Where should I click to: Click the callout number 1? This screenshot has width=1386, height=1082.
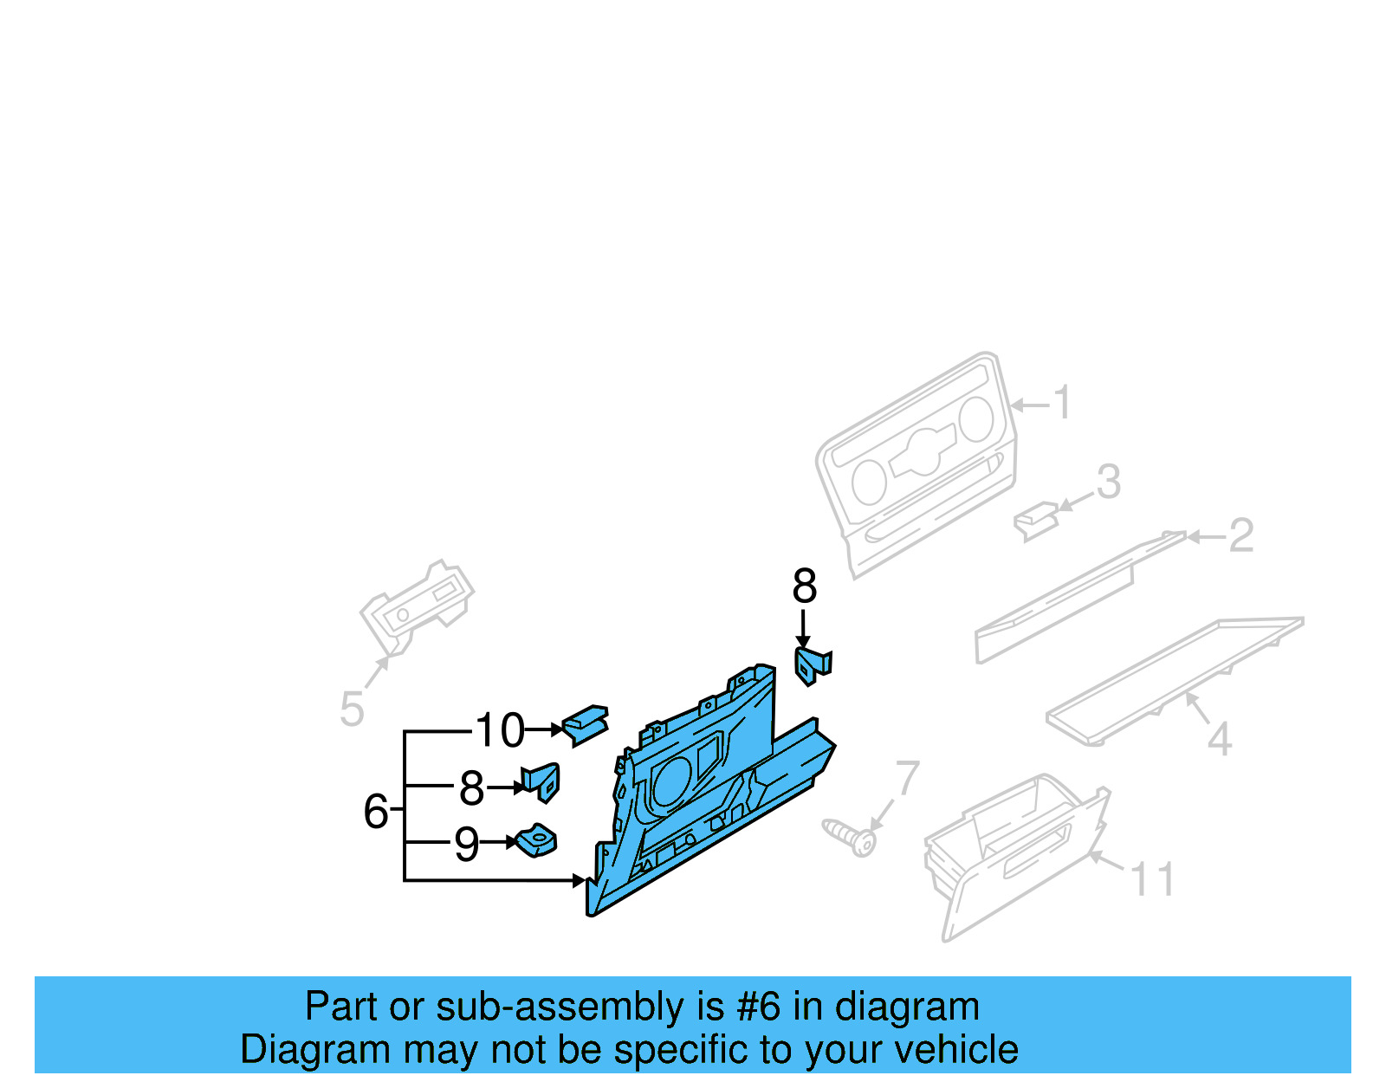pos(1062,404)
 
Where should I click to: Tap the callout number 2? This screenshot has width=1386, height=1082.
pos(1240,536)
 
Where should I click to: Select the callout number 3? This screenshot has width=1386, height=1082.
pos(1109,483)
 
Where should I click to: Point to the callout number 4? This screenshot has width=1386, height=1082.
pos(1220,740)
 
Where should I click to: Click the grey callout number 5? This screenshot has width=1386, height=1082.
pos(352,709)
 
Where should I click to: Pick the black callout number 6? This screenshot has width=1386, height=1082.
pos(375,812)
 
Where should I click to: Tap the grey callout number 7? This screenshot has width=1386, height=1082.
pos(907,778)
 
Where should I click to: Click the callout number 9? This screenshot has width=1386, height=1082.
pos(466,844)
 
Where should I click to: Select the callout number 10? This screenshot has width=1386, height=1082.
pos(500,730)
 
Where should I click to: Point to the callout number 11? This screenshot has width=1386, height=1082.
pos(1152,880)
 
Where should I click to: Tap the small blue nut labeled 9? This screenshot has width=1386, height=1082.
pos(537,840)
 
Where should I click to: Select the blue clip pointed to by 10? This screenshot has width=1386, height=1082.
pos(586,724)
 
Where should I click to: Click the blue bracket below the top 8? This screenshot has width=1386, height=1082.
pos(813,665)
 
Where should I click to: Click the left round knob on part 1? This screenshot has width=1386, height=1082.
pos(869,482)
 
